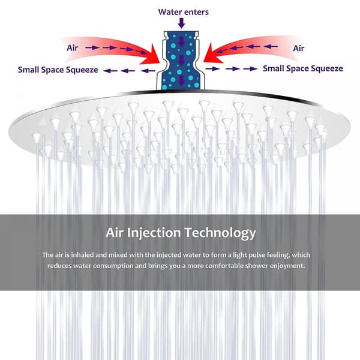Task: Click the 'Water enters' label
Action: tap(184, 12)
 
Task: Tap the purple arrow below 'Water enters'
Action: tap(181, 23)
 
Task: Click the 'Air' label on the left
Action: tap(73, 48)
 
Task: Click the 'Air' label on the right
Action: tap(299, 48)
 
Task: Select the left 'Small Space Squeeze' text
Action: tap(58, 70)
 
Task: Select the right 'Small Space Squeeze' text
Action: tap(303, 68)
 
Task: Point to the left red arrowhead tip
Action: tap(160, 62)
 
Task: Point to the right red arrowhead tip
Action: tap(203, 62)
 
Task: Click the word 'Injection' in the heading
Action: tap(154, 233)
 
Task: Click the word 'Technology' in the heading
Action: tap(220, 233)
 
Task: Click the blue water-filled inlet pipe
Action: tap(181, 61)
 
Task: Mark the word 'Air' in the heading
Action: tap(115, 232)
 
